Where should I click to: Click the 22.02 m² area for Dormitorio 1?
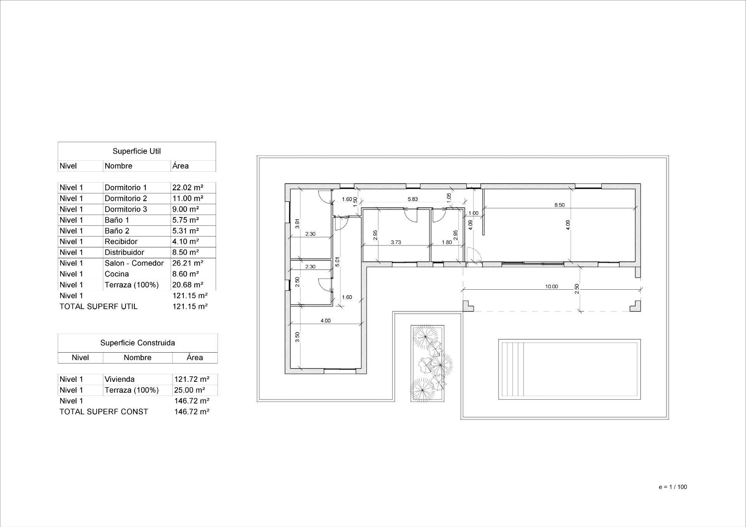pos(188,188)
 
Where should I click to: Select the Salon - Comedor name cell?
pos(134,263)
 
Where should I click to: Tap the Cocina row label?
pos(117,274)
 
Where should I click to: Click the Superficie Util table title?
pos(137,151)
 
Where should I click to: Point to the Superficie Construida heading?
pos(138,343)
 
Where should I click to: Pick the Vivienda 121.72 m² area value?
pos(192,379)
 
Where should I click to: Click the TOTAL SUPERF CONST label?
pos(104,412)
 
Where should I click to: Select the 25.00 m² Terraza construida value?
pos(190,390)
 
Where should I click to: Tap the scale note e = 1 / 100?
pos(673,487)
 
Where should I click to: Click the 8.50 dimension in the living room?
pos(559,205)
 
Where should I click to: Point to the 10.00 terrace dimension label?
pos(551,287)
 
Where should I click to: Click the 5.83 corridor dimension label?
pos(413,199)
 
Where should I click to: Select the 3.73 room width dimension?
pos(396,242)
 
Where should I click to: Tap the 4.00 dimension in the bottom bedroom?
pos(325,321)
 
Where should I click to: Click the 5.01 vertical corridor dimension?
pos(337,262)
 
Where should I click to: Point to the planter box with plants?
pos(428,364)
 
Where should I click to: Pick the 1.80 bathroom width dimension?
pos(447,242)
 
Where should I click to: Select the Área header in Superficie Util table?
pos(181,166)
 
